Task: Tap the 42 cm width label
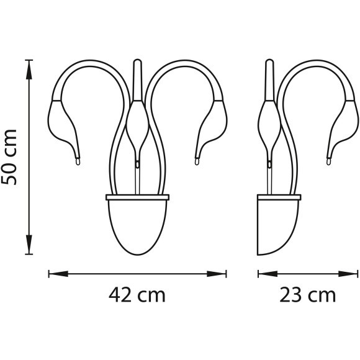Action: [x=138, y=295]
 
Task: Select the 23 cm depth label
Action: [x=308, y=295]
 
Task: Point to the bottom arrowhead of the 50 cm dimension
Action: [x=29, y=250]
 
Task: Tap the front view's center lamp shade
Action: [x=138, y=124]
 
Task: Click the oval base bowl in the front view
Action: [x=138, y=223]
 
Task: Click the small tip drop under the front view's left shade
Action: [x=78, y=162]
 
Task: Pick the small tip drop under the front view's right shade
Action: [x=197, y=162]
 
